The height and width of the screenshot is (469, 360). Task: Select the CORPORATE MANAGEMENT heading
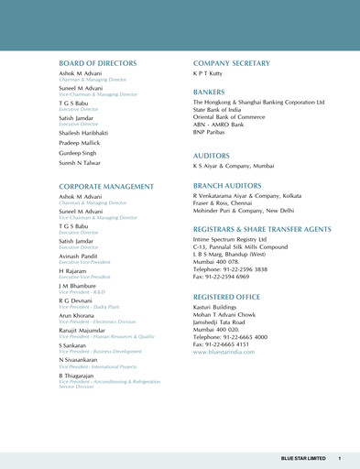[x=106, y=186]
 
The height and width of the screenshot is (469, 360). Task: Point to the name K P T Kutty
[x=210, y=75]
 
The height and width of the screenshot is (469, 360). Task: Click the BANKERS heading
[x=209, y=93]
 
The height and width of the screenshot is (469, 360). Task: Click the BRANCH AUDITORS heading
[x=226, y=185]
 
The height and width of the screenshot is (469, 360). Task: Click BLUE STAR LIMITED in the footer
[x=303, y=458]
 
